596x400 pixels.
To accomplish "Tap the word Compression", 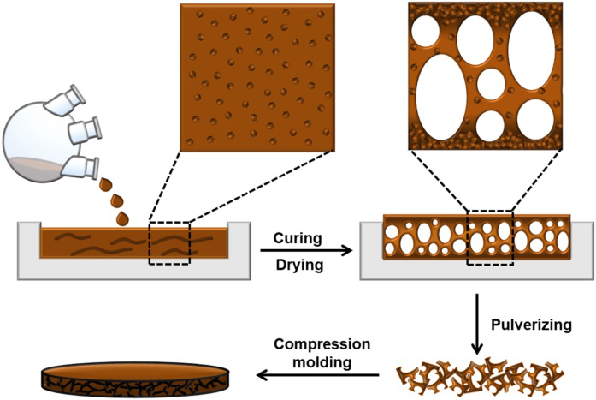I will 322,344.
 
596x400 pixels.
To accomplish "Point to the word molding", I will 322,362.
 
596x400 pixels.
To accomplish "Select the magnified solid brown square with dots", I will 256,77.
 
